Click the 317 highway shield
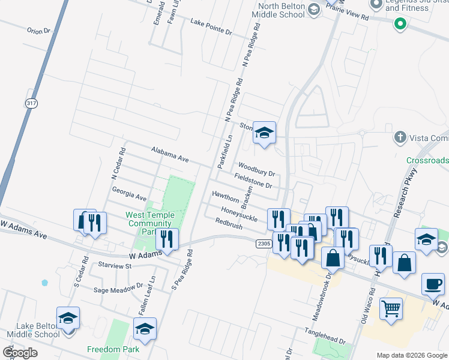(31, 103)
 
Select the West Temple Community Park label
(149, 223)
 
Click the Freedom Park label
(113, 349)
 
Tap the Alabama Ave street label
(170, 154)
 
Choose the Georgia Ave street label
(129, 193)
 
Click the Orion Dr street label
(38, 30)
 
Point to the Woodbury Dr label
(256, 169)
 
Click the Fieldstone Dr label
(257, 181)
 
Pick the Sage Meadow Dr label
(119, 289)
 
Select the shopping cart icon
(391, 308)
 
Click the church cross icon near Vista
(400, 137)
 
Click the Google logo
(20, 352)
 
